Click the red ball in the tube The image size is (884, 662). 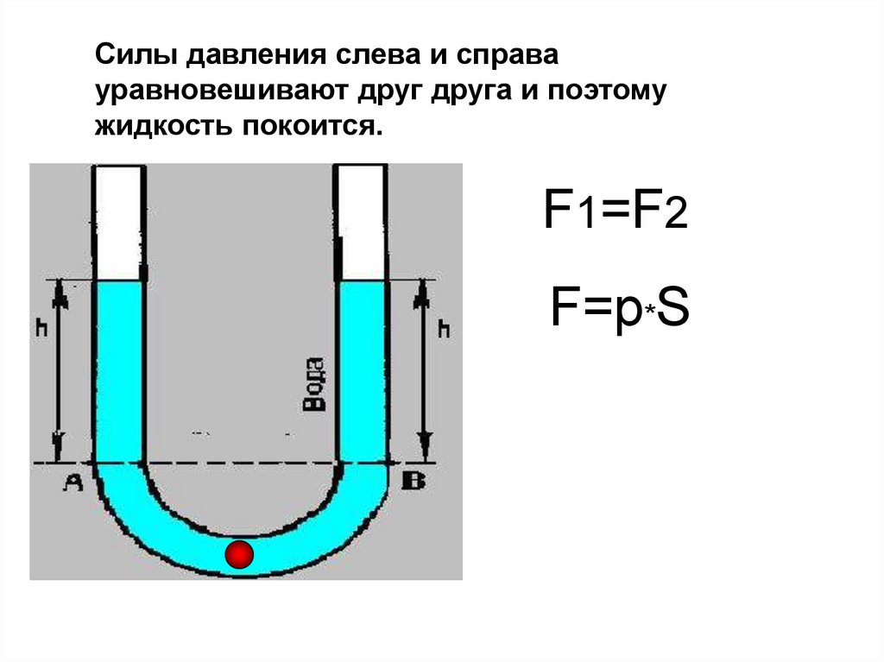click(x=239, y=554)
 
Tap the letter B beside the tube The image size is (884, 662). click(x=414, y=481)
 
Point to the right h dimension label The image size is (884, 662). click(x=444, y=329)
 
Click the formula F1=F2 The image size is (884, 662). click(x=615, y=211)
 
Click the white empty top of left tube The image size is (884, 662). click(x=118, y=222)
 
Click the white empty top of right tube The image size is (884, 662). click(x=360, y=222)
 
